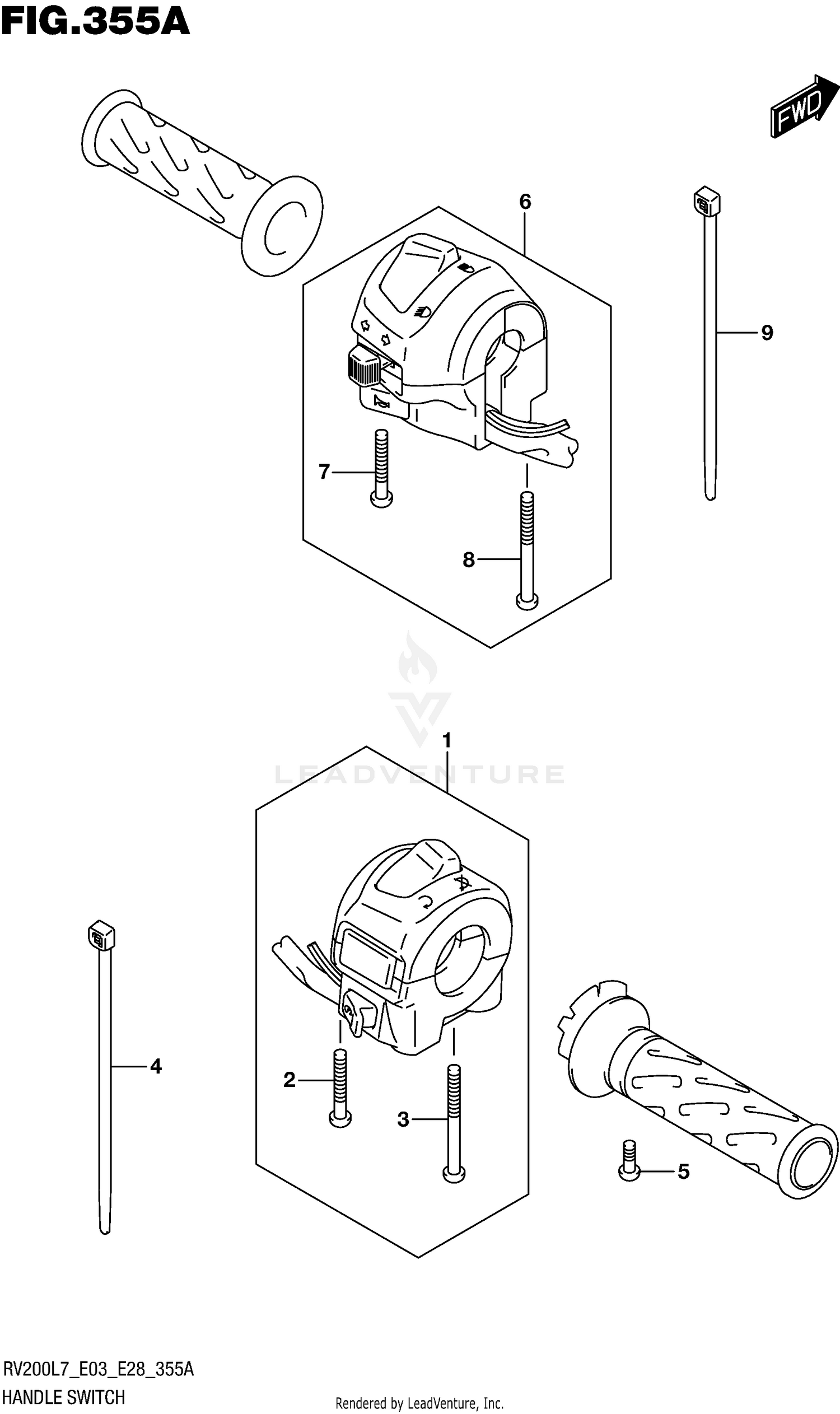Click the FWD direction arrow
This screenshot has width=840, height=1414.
pyautogui.click(x=803, y=106)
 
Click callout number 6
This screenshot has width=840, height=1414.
pyautogui.click(x=525, y=202)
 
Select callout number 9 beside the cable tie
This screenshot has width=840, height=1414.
pyautogui.click(x=767, y=333)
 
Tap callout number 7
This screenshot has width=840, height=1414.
pyautogui.click(x=324, y=472)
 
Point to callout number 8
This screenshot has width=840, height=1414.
pyautogui.click(x=468, y=560)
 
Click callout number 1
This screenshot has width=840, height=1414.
pyautogui.click(x=447, y=740)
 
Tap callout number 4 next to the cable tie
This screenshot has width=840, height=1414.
pyautogui.click(x=156, y=1066)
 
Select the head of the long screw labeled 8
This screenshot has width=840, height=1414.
pyautogui.click(x=527, y=600)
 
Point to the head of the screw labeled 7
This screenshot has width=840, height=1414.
pyautogui.click(x=381, y=499)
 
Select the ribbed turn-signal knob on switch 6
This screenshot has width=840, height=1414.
pyautogui.click(x=364, y=366)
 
